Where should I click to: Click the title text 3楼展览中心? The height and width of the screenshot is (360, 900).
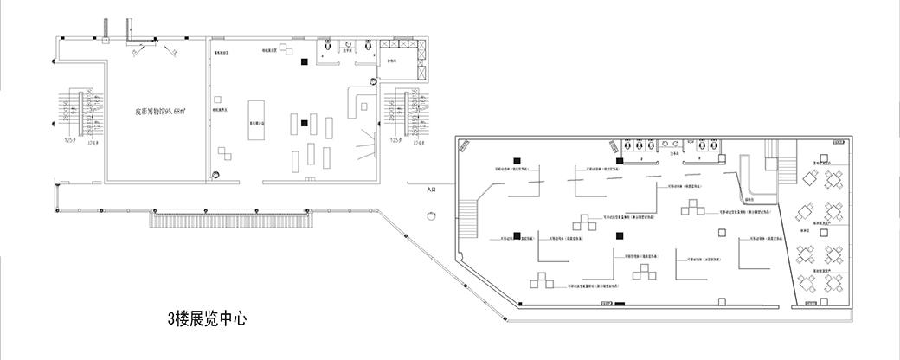click(x=207, y=318)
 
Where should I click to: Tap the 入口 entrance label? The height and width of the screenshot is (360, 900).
click(x=433, y=188)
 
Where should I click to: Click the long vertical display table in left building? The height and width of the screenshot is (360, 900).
click(x=256, y=117)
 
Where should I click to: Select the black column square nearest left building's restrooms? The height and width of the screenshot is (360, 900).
click(x=304, y=61)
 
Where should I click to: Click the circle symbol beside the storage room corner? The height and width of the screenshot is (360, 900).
click(x=373, y=81)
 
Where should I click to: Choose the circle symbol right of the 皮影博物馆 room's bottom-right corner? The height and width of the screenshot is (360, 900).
click(x=218, y=174)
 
